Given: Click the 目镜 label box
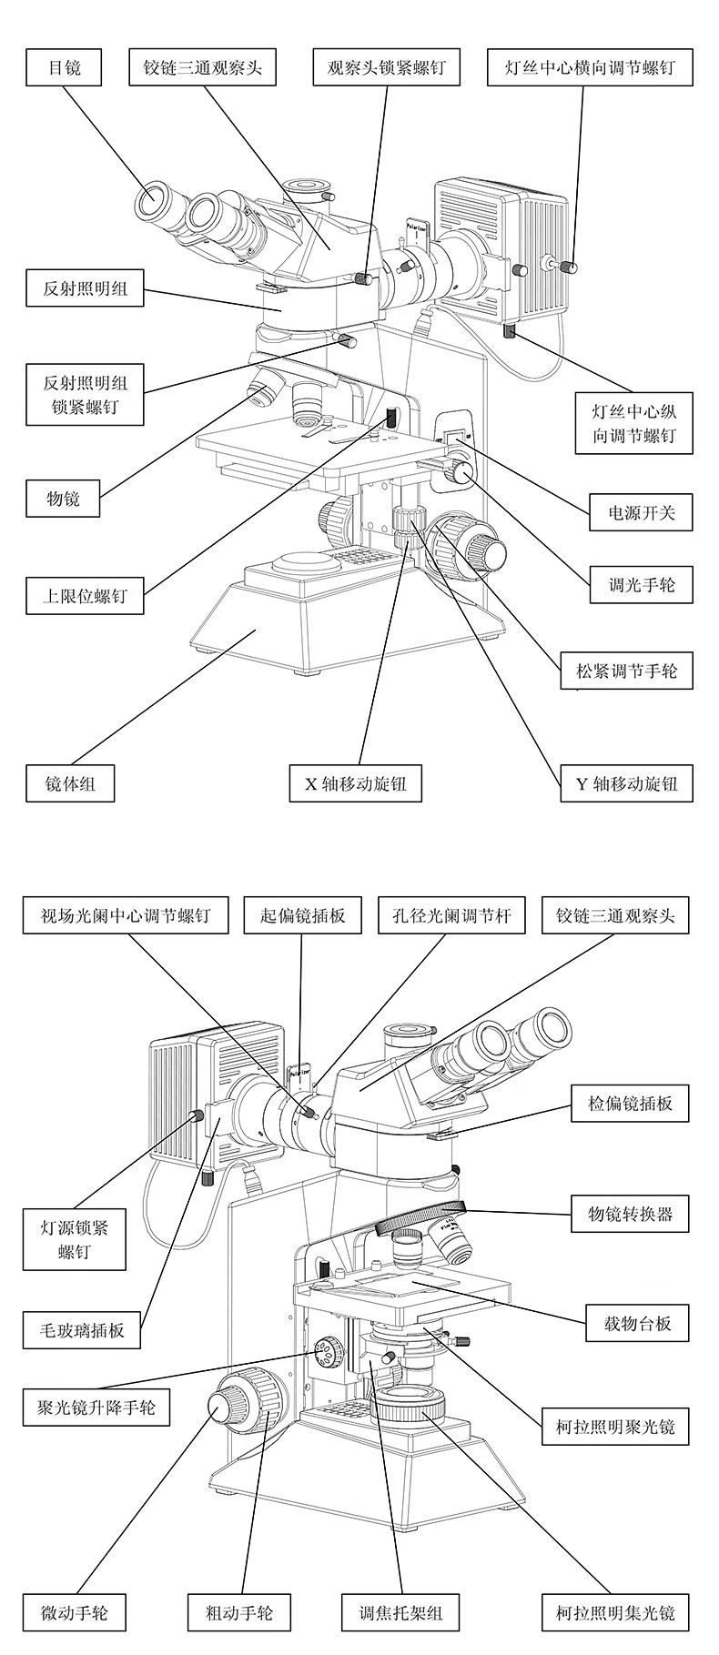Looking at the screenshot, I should tap(64, 67).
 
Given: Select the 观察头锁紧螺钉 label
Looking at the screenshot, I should tap(387, 67).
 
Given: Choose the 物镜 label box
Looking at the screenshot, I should tap(64, 498).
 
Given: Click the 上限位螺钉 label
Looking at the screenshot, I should tap(85, 597).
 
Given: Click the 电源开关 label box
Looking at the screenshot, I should tap(630, 512).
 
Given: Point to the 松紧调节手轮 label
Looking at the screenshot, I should tap(626, 672).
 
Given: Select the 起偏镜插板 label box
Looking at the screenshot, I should tap(303, 914).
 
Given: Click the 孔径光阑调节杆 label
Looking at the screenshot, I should tap(451, 914).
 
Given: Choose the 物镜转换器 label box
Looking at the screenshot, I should tap(630, 1213).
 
